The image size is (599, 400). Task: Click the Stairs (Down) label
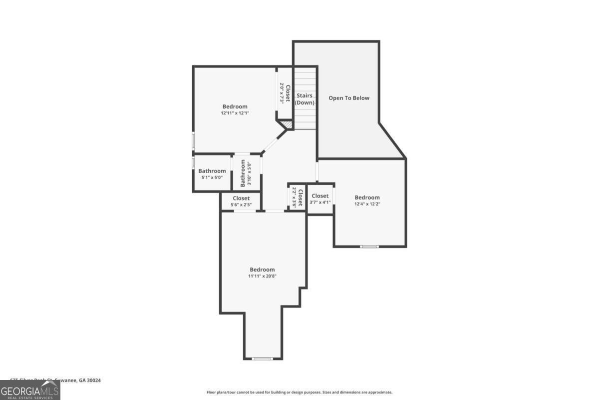304,98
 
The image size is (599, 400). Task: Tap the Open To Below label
349,98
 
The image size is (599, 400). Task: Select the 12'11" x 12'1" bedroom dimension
235,113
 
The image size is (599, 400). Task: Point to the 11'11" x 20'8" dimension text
262,276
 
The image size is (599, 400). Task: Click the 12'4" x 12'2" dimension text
367,204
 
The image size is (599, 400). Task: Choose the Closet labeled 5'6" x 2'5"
241,201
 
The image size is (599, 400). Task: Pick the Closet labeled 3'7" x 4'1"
320,198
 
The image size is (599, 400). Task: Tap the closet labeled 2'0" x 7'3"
285,93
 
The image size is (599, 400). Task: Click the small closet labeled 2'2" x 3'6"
297,197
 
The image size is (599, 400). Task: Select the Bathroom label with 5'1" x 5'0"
212,173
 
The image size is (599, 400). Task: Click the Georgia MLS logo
30,389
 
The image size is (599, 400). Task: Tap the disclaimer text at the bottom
299,392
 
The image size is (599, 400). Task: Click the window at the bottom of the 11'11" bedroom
263,358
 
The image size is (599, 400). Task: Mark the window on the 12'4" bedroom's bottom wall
369,246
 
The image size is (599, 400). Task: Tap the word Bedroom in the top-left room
235,106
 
